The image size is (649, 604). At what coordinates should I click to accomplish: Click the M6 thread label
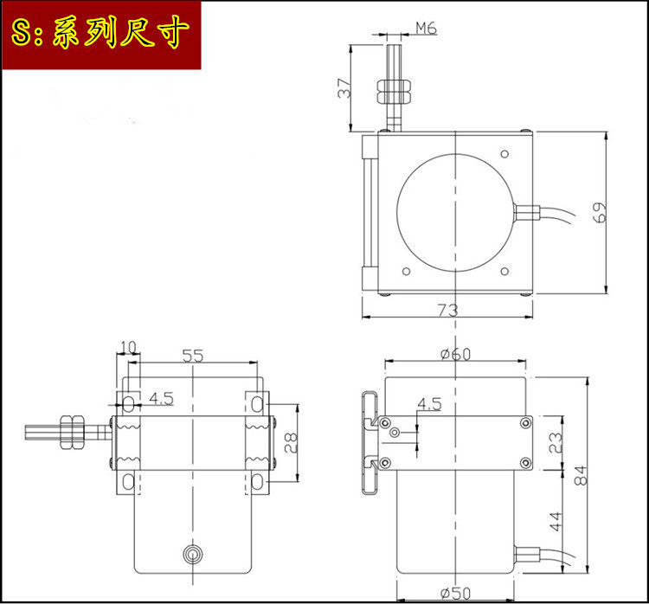426,28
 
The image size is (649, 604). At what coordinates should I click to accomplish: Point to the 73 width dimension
447,309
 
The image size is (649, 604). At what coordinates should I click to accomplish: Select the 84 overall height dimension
581,475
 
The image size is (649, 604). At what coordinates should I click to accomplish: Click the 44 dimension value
556,521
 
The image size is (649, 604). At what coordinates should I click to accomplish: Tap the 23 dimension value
556,444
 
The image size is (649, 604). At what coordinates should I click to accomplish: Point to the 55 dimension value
192,356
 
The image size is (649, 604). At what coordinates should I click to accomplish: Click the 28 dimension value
292,443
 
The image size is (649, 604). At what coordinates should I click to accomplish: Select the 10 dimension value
128,348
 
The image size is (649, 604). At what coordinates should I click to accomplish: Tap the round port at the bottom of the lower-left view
191,554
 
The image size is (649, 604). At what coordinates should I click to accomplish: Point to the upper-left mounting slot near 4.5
128,403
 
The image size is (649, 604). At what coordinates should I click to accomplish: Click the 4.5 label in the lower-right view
429,404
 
